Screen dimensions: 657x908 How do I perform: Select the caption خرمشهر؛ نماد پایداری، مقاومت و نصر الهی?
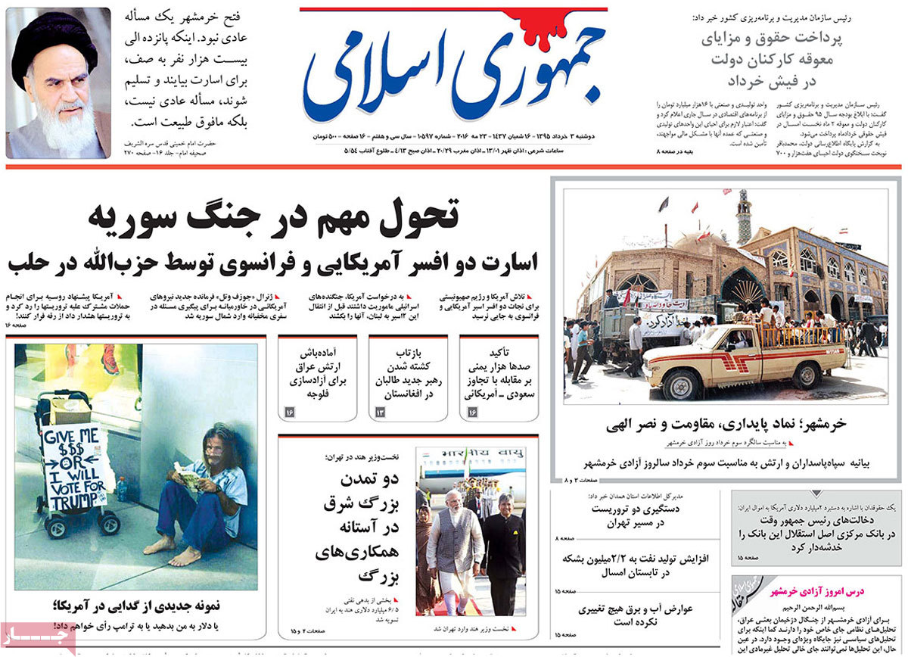point(725,424)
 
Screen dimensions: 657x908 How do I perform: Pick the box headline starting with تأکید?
point(499,372)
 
